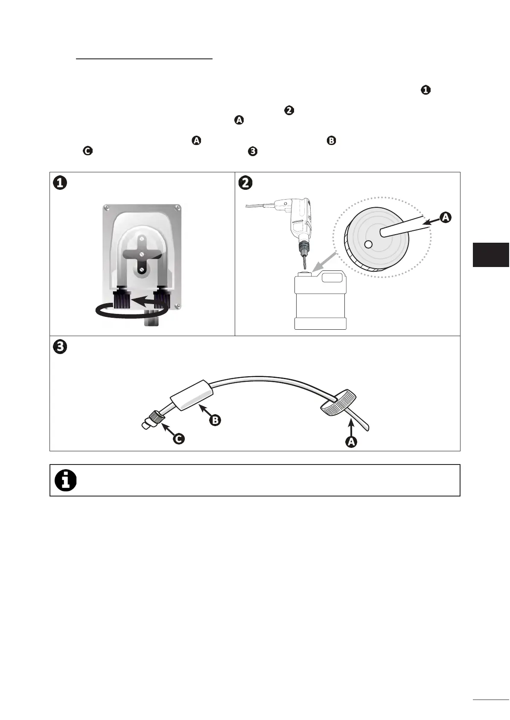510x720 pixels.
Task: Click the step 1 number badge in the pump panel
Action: [60, 183]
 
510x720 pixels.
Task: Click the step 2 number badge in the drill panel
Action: [246, 183]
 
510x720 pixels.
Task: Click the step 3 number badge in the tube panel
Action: [60, 347]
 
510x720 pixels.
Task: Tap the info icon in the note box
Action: [66, 481]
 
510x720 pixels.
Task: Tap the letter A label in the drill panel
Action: [445, 217]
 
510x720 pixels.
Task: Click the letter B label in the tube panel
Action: [216, 420]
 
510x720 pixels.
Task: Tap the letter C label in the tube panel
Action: [179, 438]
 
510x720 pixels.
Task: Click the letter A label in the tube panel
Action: [351, 442]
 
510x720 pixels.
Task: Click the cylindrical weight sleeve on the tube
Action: [192, 395]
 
